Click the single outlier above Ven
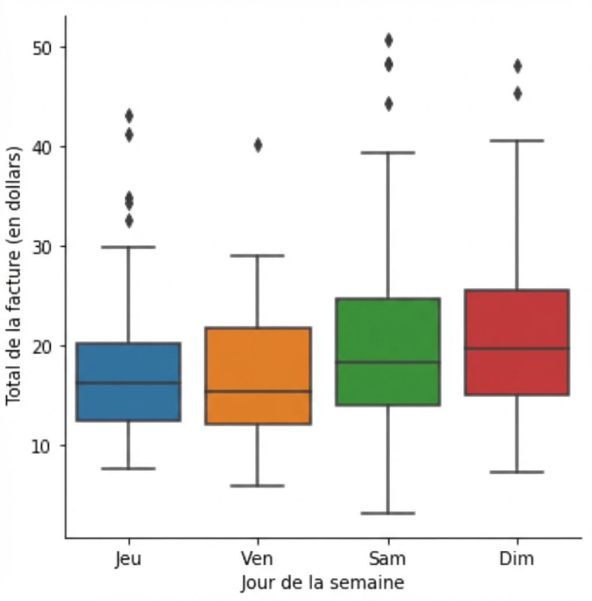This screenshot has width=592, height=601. pyautogui.click(x=258, y=145)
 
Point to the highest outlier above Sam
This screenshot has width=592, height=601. pyautogui.click(x=388, y=40)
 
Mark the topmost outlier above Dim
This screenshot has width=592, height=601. pyautogui.click(x=517, y=66)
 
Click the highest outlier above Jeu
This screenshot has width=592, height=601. pyautogui.click(x=129, y=116)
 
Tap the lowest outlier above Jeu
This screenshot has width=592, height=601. pyautogui.click(x=129, y=221)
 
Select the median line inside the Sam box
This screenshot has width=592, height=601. pyautogui.click(x=388, y=362)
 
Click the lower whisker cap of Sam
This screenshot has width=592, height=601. pyautogui.click(x=388, y=513)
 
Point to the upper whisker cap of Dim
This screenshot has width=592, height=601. pyautogui.click(x=517, y=140)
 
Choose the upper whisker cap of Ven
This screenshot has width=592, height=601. pyautogui.click(x=258, y=255)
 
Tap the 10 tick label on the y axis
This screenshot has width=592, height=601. pyautogui.click(x=40, y=446)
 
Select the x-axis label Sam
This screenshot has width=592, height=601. pyautogui.click(x=387, y=559)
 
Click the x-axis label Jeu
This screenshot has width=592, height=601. pyautogui.click(x=128, y=559)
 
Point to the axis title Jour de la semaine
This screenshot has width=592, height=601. pyautogui.click(x=323, y=582)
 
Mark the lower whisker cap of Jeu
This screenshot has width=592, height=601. pyautogui.click(x=128, y=468)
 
